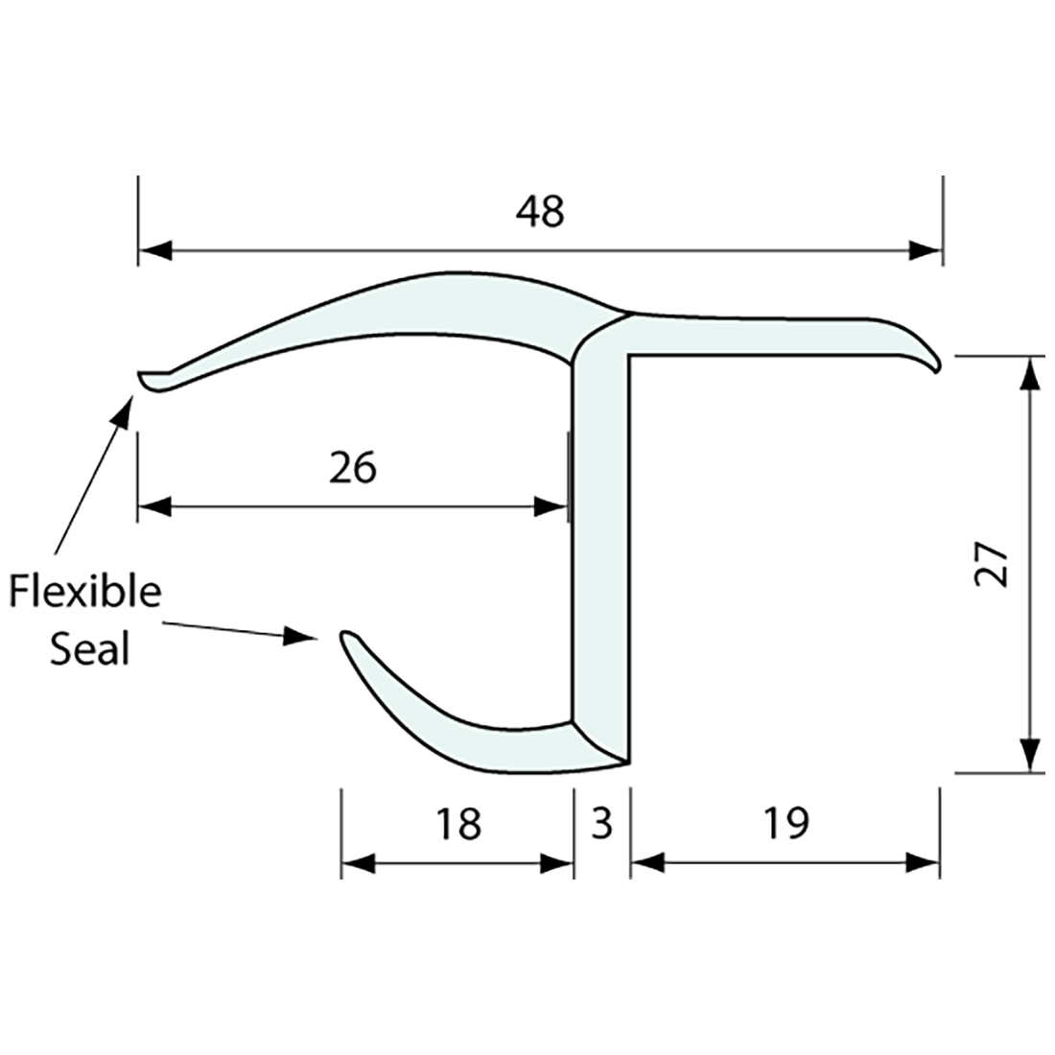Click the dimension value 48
[540, 211]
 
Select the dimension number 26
[353, 468]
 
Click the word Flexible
[85, 591]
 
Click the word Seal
[89, 649]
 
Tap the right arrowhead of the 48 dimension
[926, 251]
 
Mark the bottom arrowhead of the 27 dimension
[1030, 756]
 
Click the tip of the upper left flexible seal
[141, 377]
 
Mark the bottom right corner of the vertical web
[628, 762]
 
